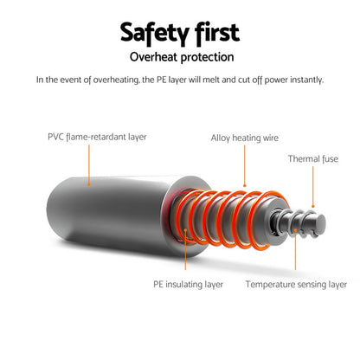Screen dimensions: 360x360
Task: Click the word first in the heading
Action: [x=217, y=32]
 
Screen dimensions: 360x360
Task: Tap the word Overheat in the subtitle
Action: [x=153, y=57]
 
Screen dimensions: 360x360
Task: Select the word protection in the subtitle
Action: [x=207, y=57]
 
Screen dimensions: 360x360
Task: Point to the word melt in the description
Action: [x=211, y=80]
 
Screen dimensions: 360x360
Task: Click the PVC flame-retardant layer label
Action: [x=97, y=137]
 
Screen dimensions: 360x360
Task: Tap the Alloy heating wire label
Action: [x=245, y=138]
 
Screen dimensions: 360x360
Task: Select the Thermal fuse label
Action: [x=313, y=158]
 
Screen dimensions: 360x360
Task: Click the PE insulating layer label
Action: [x=188, y=285]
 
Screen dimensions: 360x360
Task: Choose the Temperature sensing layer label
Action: [x=296, y=285]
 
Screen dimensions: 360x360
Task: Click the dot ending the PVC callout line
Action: [x=89, y=184]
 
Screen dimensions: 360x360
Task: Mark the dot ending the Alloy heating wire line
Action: [x=245, y=185]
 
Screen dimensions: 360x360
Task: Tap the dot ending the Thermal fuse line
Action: [x=313, y=207]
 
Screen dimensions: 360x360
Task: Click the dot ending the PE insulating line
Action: [x=185, y=230]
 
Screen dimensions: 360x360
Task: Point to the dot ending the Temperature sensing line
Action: [x=295, y=230]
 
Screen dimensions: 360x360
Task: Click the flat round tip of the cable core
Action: [x=319, y=222]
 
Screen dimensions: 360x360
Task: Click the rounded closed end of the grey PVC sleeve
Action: [x=55, y=209]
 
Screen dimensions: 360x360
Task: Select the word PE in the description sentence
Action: [x=161, y=80]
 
